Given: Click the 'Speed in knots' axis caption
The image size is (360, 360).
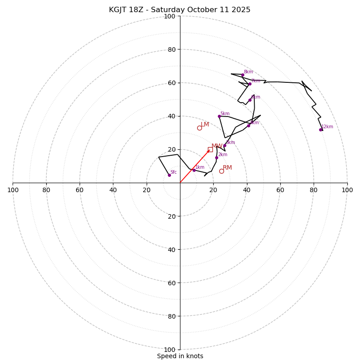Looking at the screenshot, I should click(x=180, y=356).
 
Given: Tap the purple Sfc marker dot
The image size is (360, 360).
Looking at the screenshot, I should click(x=169, y=175).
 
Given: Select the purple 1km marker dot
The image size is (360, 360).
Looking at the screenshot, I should click(x=194, y=170).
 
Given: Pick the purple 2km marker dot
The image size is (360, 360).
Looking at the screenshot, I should click(x=216, y=157).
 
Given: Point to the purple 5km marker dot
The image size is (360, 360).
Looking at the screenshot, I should click(x=219, y=116).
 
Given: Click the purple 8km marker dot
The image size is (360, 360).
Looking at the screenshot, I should click(x=243, y=75).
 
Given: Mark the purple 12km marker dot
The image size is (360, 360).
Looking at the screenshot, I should click(x=321, y=130).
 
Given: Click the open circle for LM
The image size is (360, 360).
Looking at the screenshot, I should click(x=199, y=128).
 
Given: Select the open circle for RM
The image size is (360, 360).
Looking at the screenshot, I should click(x=221, y=171).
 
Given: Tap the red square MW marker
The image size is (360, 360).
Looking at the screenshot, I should click(x=210, y=149).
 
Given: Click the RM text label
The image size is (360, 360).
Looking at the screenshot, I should click(x=227, y=168).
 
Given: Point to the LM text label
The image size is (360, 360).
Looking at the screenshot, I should click(x=205, y=125).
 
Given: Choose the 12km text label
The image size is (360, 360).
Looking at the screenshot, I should click(x=327, y=127).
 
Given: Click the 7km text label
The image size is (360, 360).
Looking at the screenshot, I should click(x=256, y=81).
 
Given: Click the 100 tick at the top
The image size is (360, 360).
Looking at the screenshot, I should click(x=170, y=16).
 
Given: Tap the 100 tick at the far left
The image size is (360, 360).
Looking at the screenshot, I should click(x=13, y=190).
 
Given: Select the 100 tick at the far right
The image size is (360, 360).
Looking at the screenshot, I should click(x=347, y=190).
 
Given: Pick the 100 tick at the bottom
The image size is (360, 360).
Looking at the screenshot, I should click(x=170, y=349).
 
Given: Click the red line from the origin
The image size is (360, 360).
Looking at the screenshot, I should click(x=194, y=166).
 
